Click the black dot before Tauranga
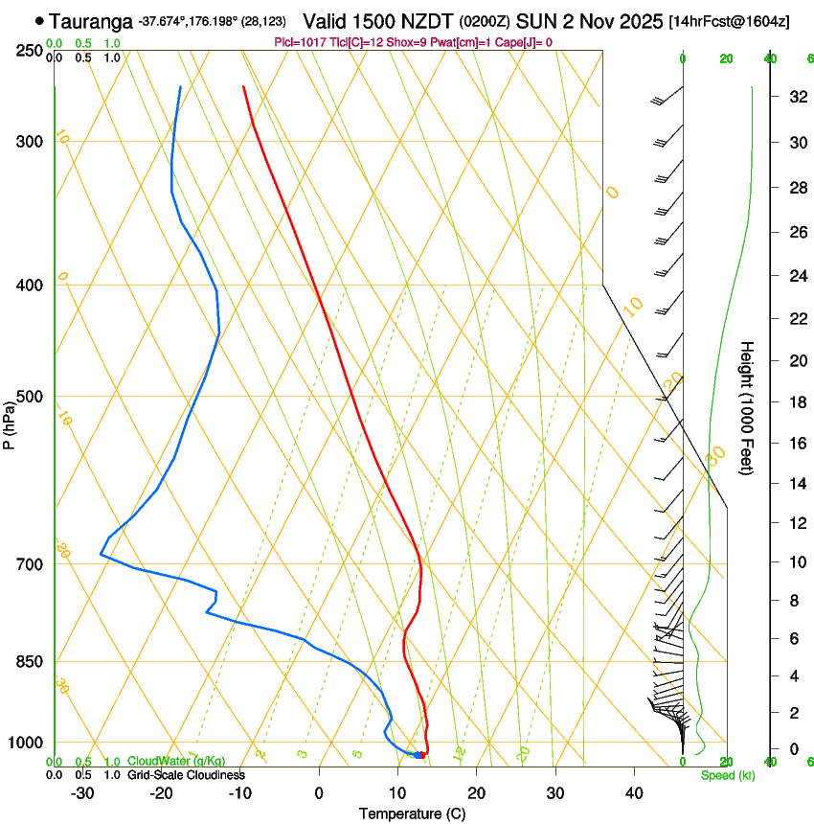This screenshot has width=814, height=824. [39, 19]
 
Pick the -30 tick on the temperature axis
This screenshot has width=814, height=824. [82, 792]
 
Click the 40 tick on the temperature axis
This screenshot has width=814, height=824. [634, 792]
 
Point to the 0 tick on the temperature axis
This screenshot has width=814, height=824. [319, 792]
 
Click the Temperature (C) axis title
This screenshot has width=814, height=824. [412, 813]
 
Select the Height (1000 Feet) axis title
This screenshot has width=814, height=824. [747, 408]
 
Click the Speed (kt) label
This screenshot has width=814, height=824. [727, 775]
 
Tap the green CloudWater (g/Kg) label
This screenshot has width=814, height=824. [177, 762]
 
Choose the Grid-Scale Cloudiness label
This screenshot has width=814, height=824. [186, 774]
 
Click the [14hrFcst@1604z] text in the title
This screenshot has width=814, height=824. [730, 21]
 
